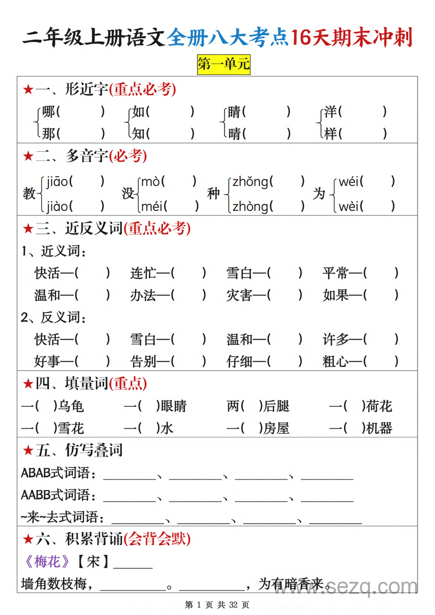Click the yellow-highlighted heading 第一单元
pyautogui.click(x=223, y=65)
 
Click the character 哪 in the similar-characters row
pyautogui.click(x=49, y=112)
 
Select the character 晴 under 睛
pyautogui.click(x=234, y=133)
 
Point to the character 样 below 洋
pyautogui.click(x=331, y=133)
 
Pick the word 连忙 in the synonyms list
pyautogui.click(x=143, y=273)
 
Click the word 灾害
pyautogui.click(x=239, y=295)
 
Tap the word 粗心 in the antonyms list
pyautogui.click(x=335, y=361)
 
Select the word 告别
pyautogui.click(x=143, y=361)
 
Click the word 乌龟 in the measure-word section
pyautogui.click(x=71, y=406)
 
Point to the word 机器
pyautogui.click(x=379, y=428)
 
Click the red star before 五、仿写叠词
pyautogui.click(x=28, y=451)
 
